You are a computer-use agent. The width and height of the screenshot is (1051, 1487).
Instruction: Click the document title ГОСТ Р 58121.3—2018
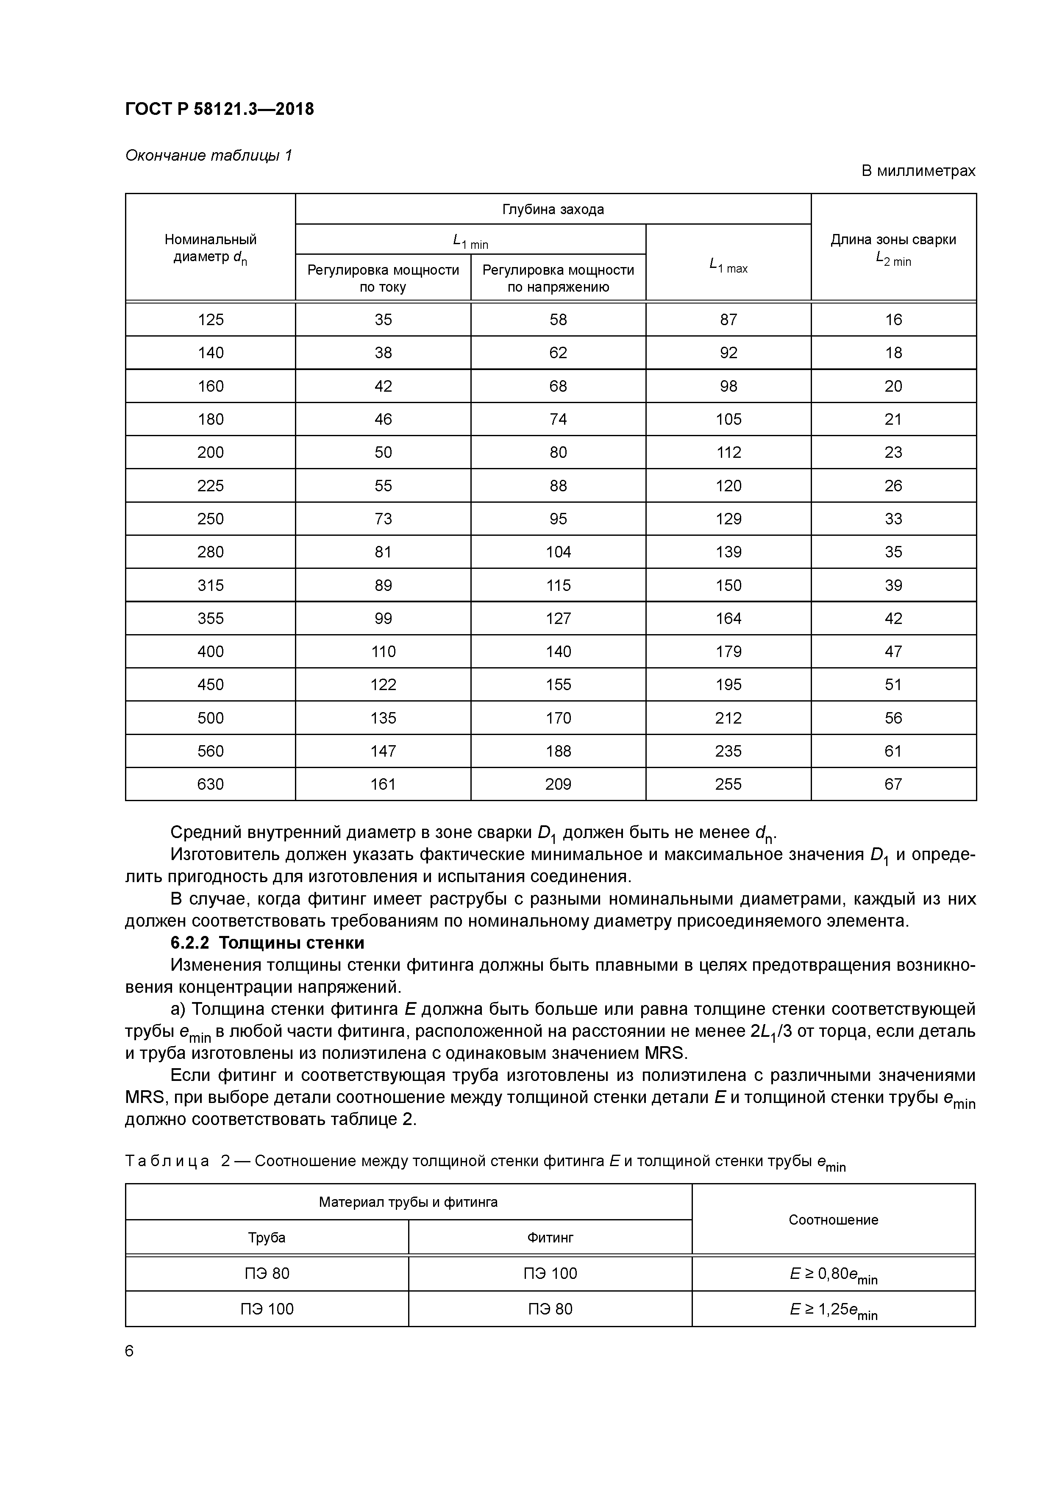point(219,109)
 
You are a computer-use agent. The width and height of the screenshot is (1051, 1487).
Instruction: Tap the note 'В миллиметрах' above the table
point(918,171)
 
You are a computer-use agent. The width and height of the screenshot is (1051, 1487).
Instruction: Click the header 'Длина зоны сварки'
point(893,239)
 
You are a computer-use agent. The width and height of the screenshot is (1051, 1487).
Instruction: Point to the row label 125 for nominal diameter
point(211,319)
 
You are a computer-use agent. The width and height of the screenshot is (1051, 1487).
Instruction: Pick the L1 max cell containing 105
point(728,419)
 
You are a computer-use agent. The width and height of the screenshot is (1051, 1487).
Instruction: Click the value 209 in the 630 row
point(558,784)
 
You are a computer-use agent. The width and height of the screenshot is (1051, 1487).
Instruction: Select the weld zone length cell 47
point(893,652)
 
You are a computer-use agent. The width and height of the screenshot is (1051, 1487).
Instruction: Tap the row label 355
point(211,618)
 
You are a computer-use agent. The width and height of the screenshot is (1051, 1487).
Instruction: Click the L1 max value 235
point(728,751)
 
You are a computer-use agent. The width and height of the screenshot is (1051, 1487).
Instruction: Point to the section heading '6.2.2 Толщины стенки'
point(267,942)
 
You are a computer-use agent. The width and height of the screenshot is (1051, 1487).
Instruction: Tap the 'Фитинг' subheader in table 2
point(550,1238)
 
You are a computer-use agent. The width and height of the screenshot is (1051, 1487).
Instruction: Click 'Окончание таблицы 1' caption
point(209,156)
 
